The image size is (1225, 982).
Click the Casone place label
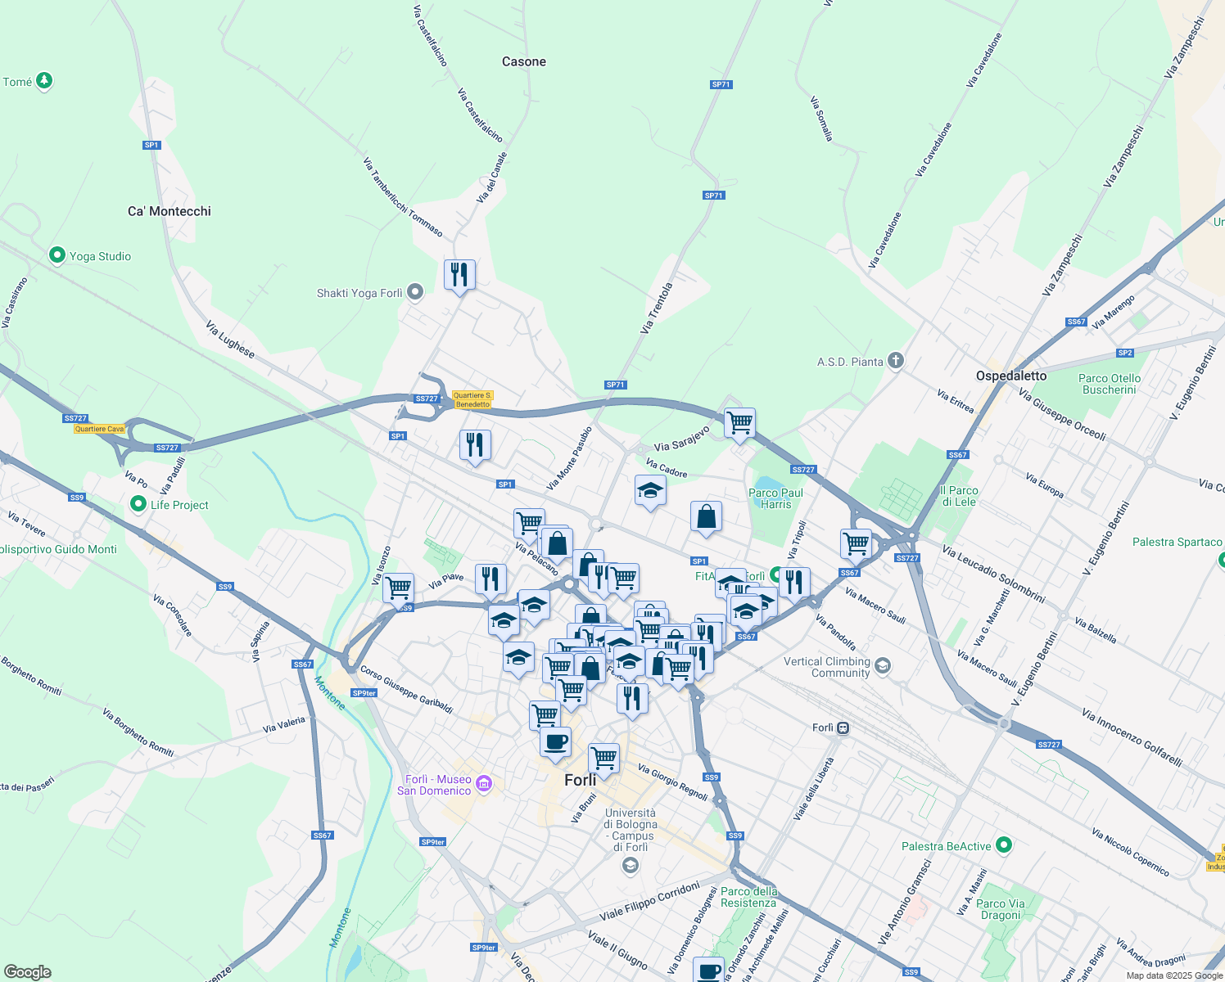tap(524, 62)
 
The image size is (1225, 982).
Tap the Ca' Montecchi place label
tap(170, 211)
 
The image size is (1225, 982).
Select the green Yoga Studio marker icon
tap(57, 255)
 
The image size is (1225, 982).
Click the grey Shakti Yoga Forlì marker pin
tap(415, 292)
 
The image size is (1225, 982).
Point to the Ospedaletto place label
tap(1011, 376)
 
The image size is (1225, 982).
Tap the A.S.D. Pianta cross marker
tap(896, 361)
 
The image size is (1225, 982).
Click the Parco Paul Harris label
tap(775, 498)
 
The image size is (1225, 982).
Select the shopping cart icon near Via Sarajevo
tap(739, 423)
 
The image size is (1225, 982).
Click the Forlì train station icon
tap(843, 727)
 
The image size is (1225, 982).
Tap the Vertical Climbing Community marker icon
tap(882, 666)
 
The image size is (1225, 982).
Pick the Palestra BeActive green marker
tap(1005, 845)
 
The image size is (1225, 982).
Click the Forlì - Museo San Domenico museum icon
tap(484, 784)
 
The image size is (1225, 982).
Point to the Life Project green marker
tap(138, 504)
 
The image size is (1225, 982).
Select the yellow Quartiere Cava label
tap(99, 429)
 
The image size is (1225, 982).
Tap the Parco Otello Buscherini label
tap(1110, 384)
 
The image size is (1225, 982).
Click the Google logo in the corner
tap(27, 972)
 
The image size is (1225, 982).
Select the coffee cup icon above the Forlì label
tap(555, 742)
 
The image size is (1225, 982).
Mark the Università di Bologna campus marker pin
tap(630, 866)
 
